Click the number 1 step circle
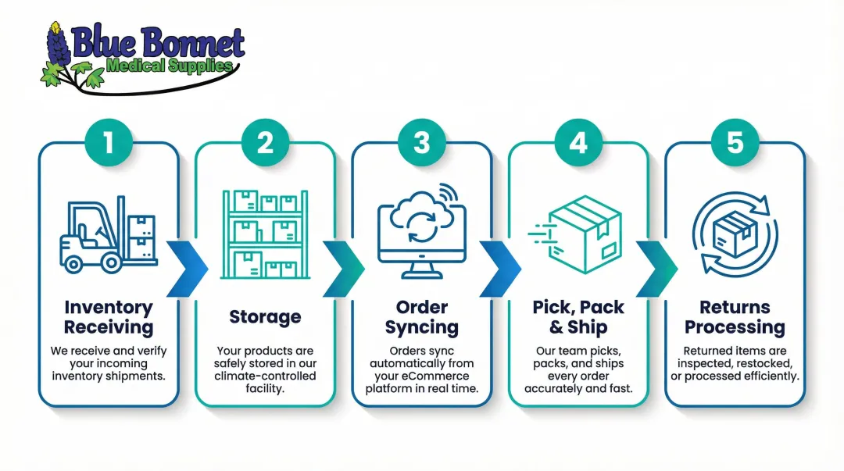click(108, 143)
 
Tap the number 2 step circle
click(265, 143)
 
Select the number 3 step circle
click(422, 143)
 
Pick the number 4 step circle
click(578, 143)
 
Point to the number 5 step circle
click(735, 143)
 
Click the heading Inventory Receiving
click(109, 316)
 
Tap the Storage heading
click(265, 316)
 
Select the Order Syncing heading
click(422, 316)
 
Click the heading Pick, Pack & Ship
click(578, 316)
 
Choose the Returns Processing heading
click(735, 316)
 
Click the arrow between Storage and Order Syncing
click(343, 269)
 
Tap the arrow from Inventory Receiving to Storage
click(188, 269)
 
